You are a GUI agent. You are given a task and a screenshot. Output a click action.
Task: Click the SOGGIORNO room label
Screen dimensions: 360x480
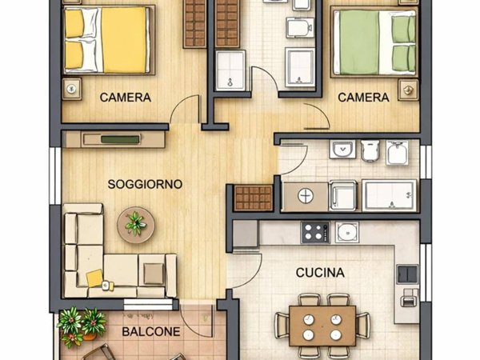pos(145,184)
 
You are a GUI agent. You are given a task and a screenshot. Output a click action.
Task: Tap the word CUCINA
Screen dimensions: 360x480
pos(320,273)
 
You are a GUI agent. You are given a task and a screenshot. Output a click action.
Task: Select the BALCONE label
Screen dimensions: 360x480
pos(150,331)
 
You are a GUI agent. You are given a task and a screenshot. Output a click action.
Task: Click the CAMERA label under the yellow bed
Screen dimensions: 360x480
pos(126,98)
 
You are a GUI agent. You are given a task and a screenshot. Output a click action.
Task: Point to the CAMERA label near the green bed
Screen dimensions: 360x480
pos(363,98)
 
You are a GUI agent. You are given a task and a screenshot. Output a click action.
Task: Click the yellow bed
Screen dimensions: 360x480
pos(108,39)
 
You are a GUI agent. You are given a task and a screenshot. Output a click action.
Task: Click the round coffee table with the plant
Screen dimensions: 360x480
pos(134,224)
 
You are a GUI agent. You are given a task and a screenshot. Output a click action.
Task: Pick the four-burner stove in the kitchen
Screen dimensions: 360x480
pos(314,233)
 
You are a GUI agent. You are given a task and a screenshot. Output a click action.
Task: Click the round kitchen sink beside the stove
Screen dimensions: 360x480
pos(347,233)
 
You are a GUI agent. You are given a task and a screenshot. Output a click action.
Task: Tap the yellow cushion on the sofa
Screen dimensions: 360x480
pos(95,278)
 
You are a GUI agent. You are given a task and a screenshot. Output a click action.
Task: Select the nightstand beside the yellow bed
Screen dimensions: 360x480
pos(74,86)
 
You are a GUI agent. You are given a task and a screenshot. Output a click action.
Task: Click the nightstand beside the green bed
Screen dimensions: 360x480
pos(409,86)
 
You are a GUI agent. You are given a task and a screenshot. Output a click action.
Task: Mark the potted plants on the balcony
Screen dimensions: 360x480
pos(82,325)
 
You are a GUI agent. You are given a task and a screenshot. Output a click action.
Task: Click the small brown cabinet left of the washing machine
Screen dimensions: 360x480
pos(254,198)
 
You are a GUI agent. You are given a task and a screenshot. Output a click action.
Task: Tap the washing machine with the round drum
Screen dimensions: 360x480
pos(305,197)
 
